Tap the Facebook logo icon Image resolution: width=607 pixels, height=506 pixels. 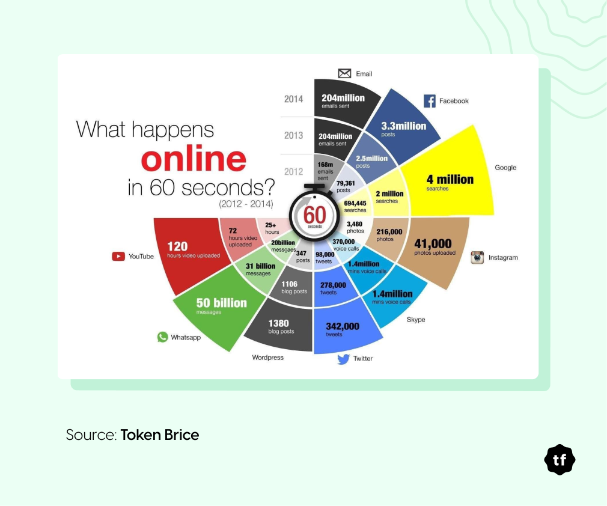pos(429,101)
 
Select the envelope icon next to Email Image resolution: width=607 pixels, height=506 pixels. pos(344,73)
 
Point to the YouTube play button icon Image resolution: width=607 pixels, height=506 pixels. pos(118,256)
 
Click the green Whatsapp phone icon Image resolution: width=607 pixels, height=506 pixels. pos(163,337)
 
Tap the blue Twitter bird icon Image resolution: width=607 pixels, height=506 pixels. pos(343,359)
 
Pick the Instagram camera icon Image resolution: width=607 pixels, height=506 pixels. pos(477,257)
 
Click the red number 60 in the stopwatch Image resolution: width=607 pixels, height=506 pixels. pos(314,215)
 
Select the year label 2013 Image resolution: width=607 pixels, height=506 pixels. pos(293,135)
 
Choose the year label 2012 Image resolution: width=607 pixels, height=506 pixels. pos(293,171)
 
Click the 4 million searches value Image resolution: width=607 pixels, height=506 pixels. pos(450,182)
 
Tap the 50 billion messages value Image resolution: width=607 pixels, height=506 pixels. pos(221,305)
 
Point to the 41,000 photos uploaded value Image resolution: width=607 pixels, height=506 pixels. pos(435,246)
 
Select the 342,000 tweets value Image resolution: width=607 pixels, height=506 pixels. pos(343,329)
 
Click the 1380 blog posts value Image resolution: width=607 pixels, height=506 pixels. pos(280,326)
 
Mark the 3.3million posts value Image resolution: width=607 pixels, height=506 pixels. pos(403,129)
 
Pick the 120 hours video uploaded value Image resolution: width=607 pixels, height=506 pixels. pos(194,250)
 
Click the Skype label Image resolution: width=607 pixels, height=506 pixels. pos(416,319)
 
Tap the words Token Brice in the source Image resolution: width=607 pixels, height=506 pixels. pos(159,434)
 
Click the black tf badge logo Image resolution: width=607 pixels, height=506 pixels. pos(560,460)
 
